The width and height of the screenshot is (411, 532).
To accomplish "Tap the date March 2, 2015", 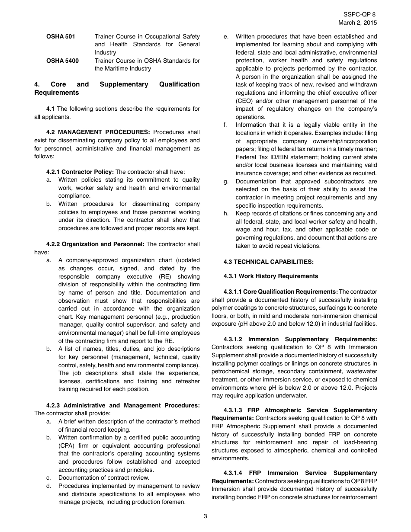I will pos(357,22).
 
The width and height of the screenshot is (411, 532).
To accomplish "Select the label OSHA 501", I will pos(61,36).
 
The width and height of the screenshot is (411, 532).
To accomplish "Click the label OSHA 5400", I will pos(62,61).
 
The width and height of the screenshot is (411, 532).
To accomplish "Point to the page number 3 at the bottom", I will pos(205,516).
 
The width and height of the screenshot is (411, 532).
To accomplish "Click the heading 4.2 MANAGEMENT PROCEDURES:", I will pos(98,132).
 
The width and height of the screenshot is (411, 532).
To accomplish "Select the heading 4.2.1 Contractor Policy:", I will pos(80,172).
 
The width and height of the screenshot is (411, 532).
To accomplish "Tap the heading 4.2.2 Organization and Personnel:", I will pos(95,244).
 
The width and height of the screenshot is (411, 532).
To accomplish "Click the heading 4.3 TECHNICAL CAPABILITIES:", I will pos(268,262).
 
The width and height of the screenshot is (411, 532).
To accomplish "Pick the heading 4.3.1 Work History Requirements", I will pos(270,276).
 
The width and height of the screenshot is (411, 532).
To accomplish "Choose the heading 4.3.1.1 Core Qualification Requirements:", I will pos(281,292).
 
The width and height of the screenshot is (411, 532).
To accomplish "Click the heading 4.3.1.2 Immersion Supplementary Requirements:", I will pos(300,339).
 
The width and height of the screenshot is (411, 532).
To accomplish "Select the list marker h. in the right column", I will pos(226,213).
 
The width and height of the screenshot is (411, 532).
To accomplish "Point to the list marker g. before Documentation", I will pos(226,181).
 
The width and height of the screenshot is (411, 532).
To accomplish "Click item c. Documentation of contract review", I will pos(103,478).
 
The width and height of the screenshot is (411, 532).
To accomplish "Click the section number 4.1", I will pos(51,109).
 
